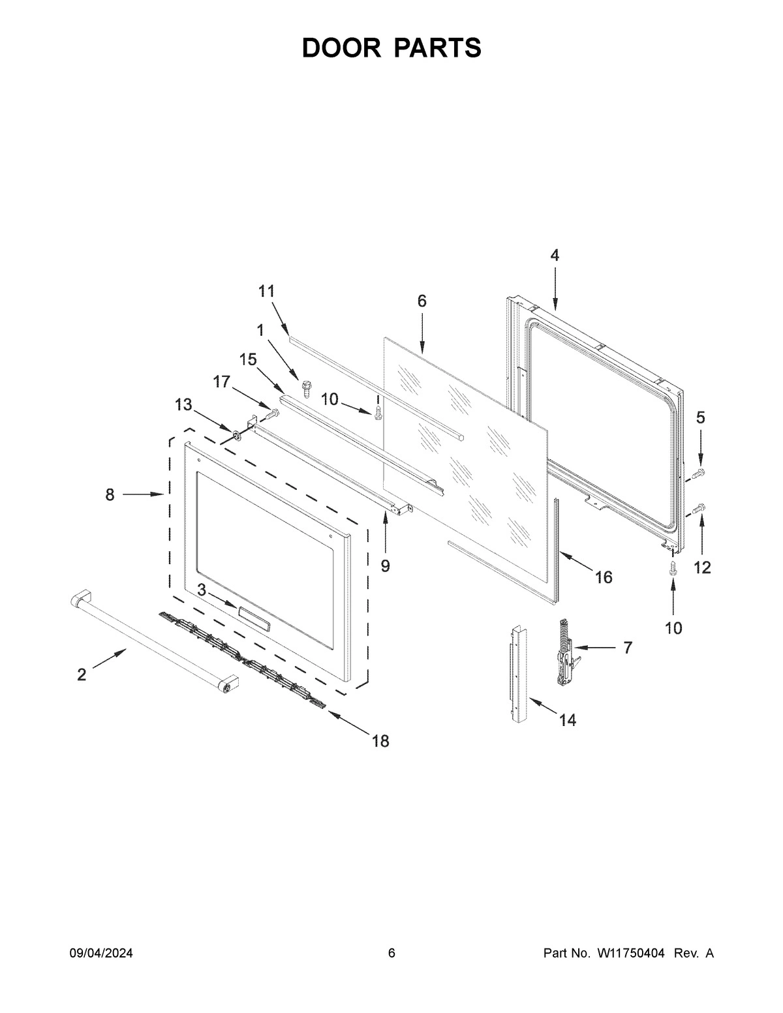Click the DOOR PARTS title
click(x=391, y=48)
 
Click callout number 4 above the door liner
click(x=554, y=256)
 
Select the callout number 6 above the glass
click(x=422, y=301)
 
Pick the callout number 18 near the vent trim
click(x=380, y=740)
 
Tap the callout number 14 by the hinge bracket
click(x=567, y=720)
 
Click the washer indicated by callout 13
click(x=234, y=434)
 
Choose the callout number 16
click(x=604, y=577)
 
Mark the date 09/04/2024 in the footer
click(x=101, y=954)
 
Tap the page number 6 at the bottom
click(x=391, y=954)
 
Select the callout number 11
click(x=267, y=291)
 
